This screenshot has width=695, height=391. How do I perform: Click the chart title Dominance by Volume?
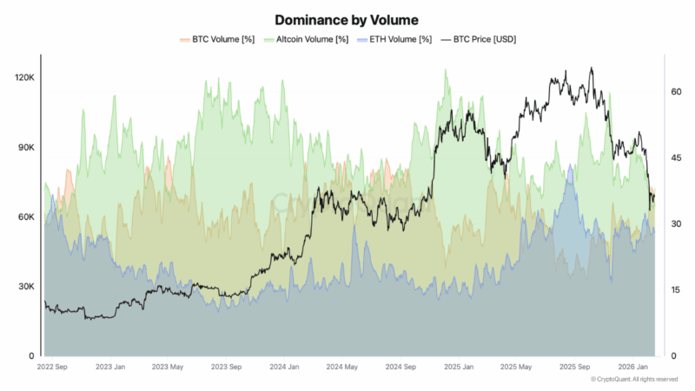click(347, 18)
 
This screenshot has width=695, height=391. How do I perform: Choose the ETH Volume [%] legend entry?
click(398, 39)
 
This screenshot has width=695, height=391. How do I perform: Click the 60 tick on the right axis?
click(676, 91)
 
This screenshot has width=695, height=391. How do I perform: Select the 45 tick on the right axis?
click(676, 157)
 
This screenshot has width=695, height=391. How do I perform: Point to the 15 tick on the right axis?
click(676, 289)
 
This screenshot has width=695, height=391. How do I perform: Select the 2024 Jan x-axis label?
click(286, 368)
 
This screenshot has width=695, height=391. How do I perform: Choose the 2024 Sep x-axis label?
click(402, 368)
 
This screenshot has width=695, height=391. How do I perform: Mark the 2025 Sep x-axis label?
click(575, 368)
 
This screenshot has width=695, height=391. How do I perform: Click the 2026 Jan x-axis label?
click(632, 368)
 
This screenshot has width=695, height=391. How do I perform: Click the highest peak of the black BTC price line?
click(592, 68)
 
